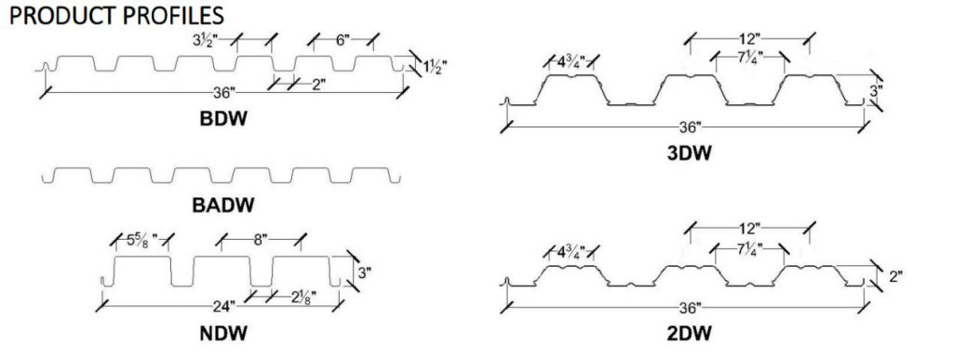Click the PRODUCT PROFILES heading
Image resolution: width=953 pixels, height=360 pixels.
116,15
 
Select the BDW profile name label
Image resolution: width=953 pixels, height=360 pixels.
223,118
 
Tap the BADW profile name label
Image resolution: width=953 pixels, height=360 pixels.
223,206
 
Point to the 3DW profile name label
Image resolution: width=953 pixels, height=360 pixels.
690,153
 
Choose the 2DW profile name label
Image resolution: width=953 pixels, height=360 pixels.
690,332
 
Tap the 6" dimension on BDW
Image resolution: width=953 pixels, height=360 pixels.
342,41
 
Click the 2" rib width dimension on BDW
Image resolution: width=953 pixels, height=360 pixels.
318,84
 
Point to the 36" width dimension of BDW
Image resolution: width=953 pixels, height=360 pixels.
224,93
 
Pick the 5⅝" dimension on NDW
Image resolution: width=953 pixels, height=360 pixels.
141,240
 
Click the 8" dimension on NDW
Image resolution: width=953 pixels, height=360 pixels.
261,240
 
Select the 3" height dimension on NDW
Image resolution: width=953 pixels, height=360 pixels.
364,273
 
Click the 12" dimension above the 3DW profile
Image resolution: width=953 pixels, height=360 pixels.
749,40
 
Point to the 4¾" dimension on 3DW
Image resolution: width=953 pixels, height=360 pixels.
571,62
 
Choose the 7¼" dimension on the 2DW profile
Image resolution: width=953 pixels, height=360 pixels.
751,249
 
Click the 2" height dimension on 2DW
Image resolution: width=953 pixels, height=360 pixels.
895,277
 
